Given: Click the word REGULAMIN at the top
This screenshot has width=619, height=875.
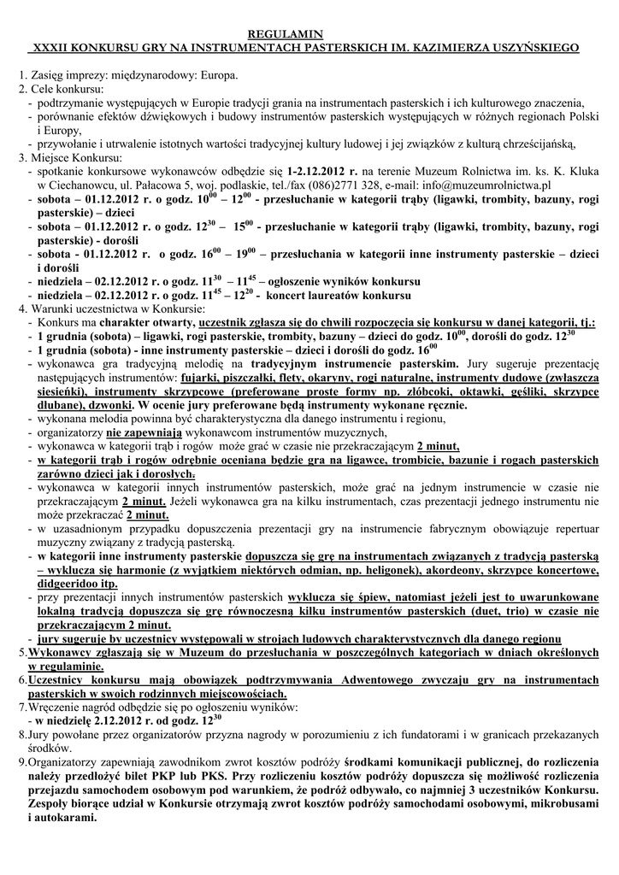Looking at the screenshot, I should pyautogui.click(x=309, y=32).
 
